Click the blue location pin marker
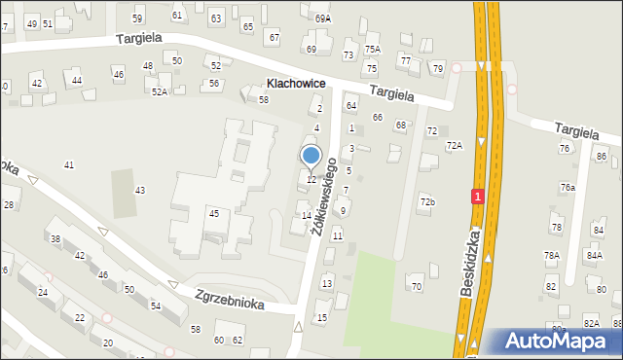311,156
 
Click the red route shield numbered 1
477,197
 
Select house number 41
69,165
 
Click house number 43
140,190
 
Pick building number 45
213,213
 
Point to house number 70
417,286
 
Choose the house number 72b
427,201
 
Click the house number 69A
323,18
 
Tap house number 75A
372,49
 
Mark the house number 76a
568,187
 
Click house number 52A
160,91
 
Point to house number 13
327,283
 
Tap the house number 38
55,238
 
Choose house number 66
377,118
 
